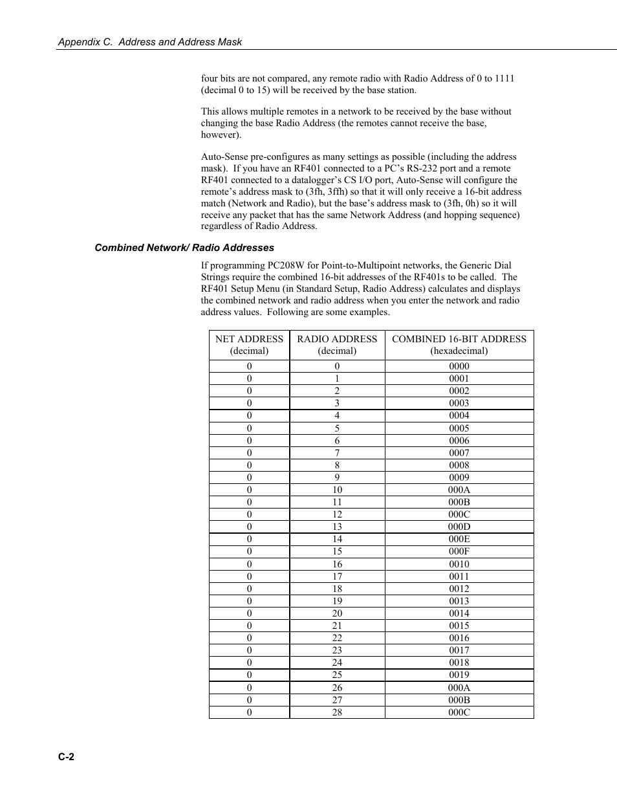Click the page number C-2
66,758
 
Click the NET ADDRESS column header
249,345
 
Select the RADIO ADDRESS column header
337,345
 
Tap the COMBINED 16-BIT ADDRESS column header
459,345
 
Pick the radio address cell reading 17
337,576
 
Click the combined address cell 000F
459,552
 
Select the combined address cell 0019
459,675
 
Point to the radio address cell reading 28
337,712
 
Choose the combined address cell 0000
459,366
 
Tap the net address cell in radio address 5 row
249,428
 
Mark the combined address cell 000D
459,527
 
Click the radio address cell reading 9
337,477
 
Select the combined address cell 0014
459,613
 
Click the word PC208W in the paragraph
285,265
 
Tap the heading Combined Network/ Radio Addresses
184,248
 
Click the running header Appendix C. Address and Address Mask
150,42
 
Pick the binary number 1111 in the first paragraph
504,78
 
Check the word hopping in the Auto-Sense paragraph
460,215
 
